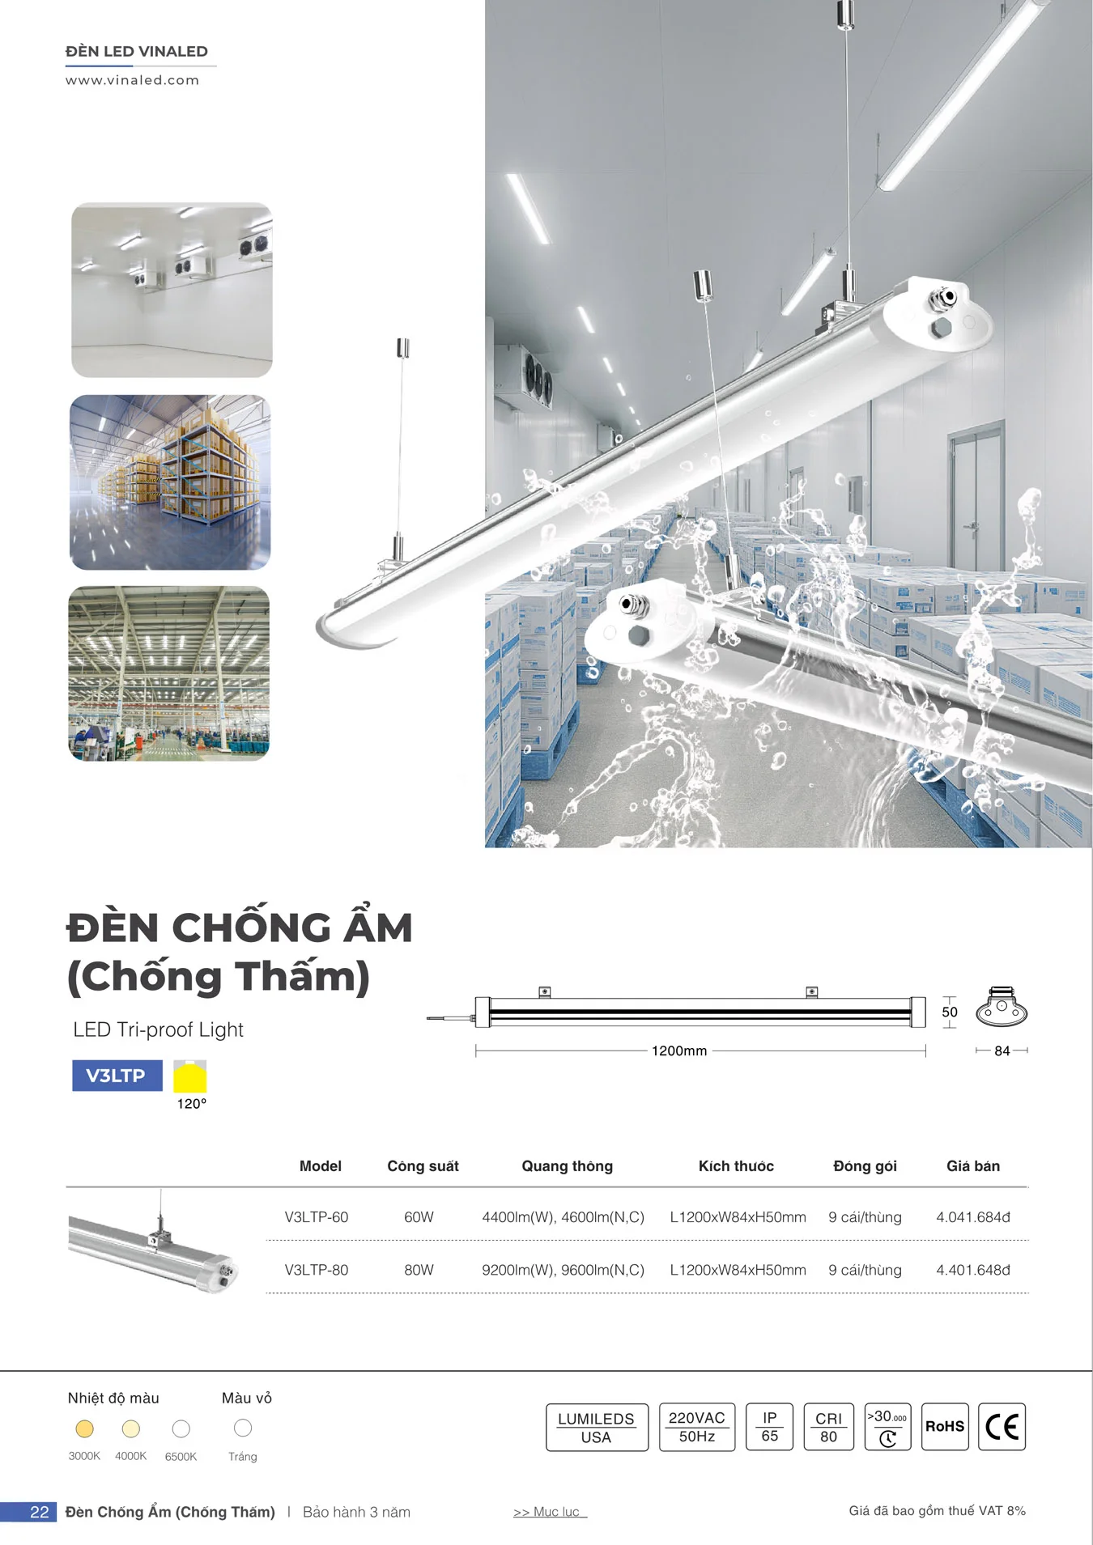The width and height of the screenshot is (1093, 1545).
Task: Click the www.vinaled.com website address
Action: [132, 80]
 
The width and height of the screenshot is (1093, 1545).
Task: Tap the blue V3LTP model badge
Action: [117, 1076]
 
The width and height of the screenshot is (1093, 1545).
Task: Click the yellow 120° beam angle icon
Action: [190, 1077]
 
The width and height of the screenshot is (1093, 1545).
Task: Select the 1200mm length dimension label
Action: [679, 1051]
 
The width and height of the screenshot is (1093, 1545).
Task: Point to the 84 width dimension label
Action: [1002, 1051]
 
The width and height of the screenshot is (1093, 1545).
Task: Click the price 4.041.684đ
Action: [972, 1217]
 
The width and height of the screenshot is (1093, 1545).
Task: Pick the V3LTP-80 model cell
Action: [316, 1270]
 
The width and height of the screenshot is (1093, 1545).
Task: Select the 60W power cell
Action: [419, 1217]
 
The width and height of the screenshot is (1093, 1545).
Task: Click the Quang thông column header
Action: [567, 1166]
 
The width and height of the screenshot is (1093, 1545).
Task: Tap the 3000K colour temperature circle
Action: [84, 1429]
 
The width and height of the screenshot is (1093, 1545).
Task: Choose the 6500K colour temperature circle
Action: [181, 1429]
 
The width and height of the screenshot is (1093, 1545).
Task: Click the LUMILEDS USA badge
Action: [597, 1428]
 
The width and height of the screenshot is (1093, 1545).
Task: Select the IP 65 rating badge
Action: [769, 1427]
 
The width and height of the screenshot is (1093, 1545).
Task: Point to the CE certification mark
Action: [1002, 1427]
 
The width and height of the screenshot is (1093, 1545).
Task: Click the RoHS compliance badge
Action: [945, 1427]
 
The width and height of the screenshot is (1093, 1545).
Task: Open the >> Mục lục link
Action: [549, 1512]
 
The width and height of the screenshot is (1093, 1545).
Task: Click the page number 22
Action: [39, 1512]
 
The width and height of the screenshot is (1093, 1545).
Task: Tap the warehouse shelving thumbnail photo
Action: [170, 482]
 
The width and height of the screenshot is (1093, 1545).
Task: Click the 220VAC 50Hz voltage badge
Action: [696, 1427]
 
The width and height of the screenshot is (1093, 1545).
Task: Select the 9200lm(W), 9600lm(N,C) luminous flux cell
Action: [563, 1270]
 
